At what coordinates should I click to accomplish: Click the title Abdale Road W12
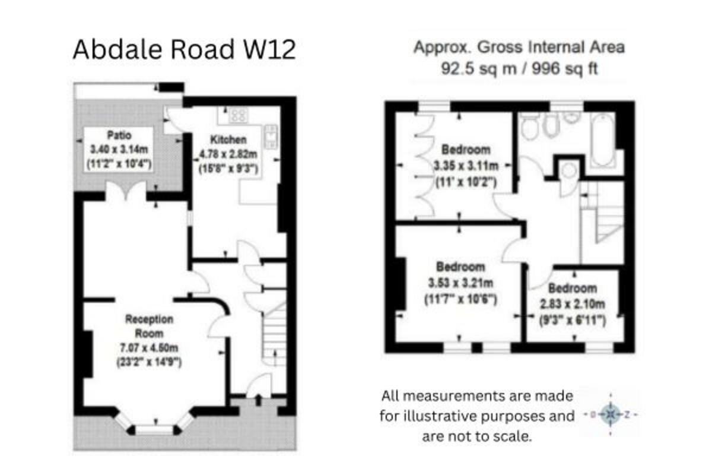[x=184, y=50]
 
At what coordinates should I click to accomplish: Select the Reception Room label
[x=149, y=326]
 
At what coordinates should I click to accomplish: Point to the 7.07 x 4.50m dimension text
[x=149, y=347]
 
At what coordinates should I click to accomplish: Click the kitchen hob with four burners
[x=238, y=115]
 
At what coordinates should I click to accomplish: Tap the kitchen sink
[x=270, y=137]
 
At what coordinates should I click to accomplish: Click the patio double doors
[x=125, y=191]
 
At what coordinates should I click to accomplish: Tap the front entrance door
[x=259, y=392]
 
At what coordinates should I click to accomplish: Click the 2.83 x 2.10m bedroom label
[x=572, y=305]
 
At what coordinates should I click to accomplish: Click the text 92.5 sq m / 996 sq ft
[x=519, y=68]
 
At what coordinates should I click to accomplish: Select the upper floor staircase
[x=605, y=220]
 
